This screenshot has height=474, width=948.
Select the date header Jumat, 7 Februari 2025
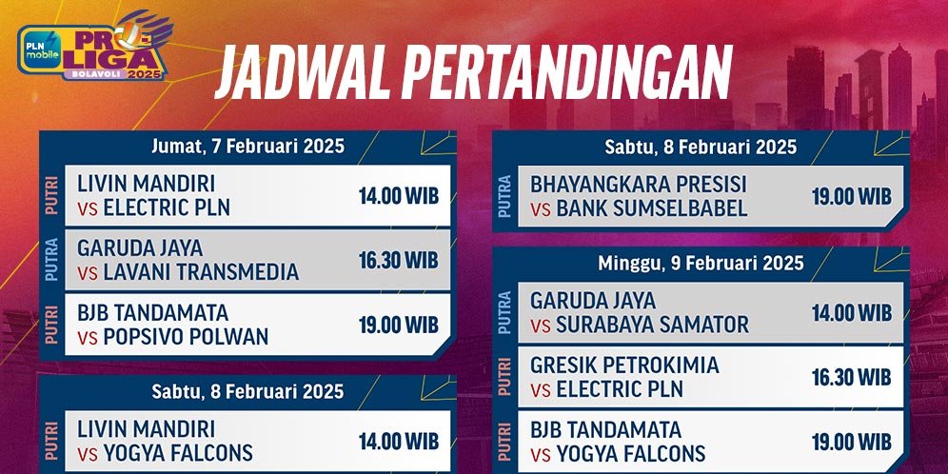(247, 147)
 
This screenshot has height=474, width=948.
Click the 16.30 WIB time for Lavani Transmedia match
(398, 260)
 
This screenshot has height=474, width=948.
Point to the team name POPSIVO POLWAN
(186, 336)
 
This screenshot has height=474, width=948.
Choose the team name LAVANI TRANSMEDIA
(201, 272)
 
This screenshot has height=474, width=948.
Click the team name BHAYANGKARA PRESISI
(639, 185)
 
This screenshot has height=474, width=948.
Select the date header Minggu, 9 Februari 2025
(701, 263)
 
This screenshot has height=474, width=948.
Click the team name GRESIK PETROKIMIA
(624, 365)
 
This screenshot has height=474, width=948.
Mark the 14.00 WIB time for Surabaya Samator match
(851, 312)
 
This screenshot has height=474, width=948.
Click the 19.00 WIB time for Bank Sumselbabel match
(851, 197)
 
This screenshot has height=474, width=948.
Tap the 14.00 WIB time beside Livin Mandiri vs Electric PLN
(398, 196)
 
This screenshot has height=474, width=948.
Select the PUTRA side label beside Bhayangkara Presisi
(504, 197)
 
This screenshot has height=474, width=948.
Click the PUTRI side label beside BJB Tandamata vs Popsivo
(51, 324)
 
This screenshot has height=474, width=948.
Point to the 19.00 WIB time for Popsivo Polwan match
(398, 325)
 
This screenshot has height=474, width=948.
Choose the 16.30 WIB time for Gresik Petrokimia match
(851, 377)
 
